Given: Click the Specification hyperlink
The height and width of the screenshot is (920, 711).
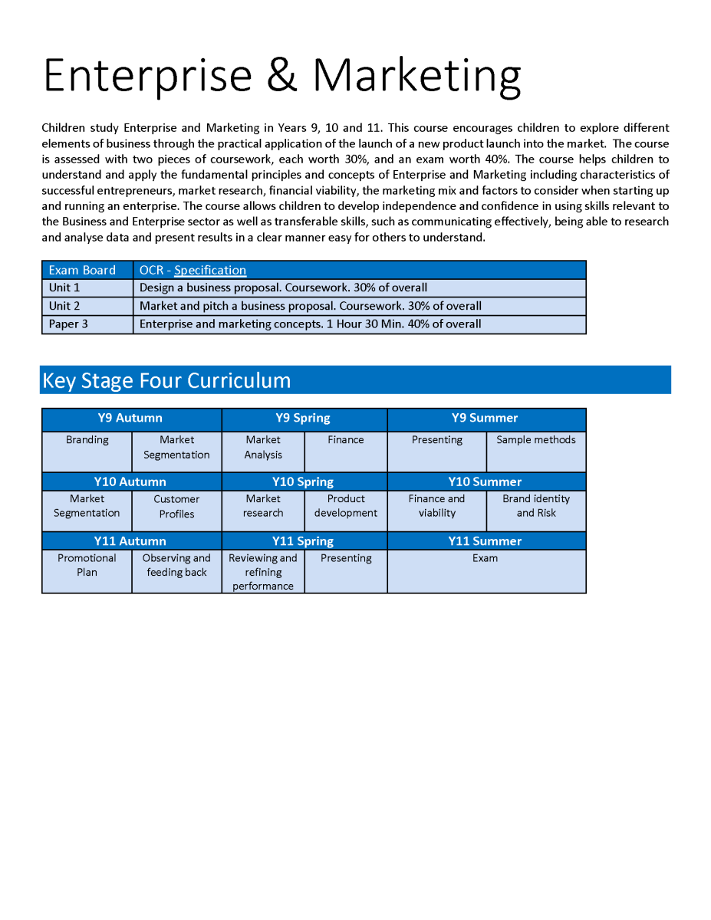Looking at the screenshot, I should click(x=210, y=270).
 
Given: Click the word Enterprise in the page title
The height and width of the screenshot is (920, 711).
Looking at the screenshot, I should click(x=147, y=75).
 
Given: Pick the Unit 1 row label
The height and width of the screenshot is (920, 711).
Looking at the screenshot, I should click(x=64, y=287).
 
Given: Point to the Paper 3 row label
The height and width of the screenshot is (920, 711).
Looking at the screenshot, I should click(x=68, y=324).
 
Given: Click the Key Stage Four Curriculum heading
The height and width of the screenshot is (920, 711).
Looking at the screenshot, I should click(x=166, y=380).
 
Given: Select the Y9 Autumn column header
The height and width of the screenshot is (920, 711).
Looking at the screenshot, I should click(x=130, y=418).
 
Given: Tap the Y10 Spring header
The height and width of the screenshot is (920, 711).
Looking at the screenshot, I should click(x=303, y=481).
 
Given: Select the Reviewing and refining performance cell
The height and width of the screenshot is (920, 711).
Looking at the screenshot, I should click(x=263, y=572).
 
